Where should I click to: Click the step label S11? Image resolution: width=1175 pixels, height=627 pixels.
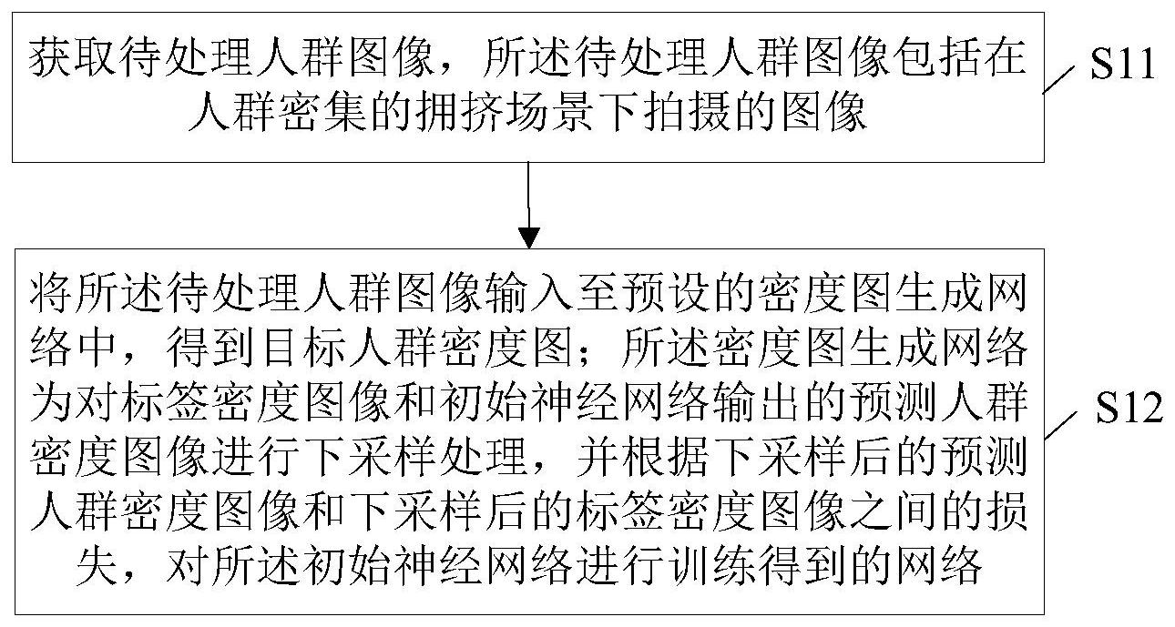pos(1122,64)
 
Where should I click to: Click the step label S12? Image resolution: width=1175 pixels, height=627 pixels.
pos(1129,408)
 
